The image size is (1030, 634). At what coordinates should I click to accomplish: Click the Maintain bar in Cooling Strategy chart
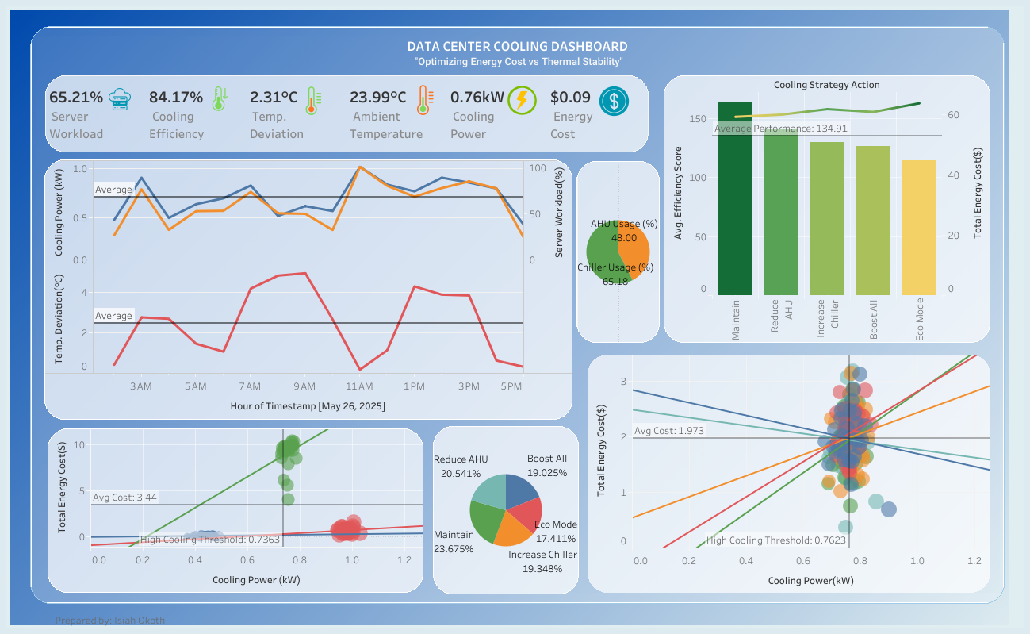click(735, 198)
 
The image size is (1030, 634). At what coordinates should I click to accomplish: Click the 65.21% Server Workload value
click(76, 98)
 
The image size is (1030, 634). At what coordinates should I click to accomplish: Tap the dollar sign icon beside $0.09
click(613, 101)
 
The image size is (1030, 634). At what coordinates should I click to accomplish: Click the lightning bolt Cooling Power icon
click(522, 100)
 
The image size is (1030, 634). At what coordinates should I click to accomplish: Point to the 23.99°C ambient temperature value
click(377, 98)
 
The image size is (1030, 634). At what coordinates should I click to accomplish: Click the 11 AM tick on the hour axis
click(359, 386)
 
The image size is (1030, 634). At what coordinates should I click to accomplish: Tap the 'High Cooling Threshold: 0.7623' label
click(765, 541)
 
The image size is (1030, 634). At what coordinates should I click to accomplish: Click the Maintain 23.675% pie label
click(454, 542)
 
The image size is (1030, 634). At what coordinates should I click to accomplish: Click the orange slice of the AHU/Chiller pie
click(638, 248)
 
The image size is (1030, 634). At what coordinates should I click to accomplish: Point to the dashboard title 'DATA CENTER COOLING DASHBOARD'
click(517, 47)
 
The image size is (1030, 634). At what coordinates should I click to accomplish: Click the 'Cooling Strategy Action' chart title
click(826, 85)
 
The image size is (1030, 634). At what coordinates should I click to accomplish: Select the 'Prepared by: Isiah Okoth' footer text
click(110, 621)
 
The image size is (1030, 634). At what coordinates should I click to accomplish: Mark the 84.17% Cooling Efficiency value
click(176, 98)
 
